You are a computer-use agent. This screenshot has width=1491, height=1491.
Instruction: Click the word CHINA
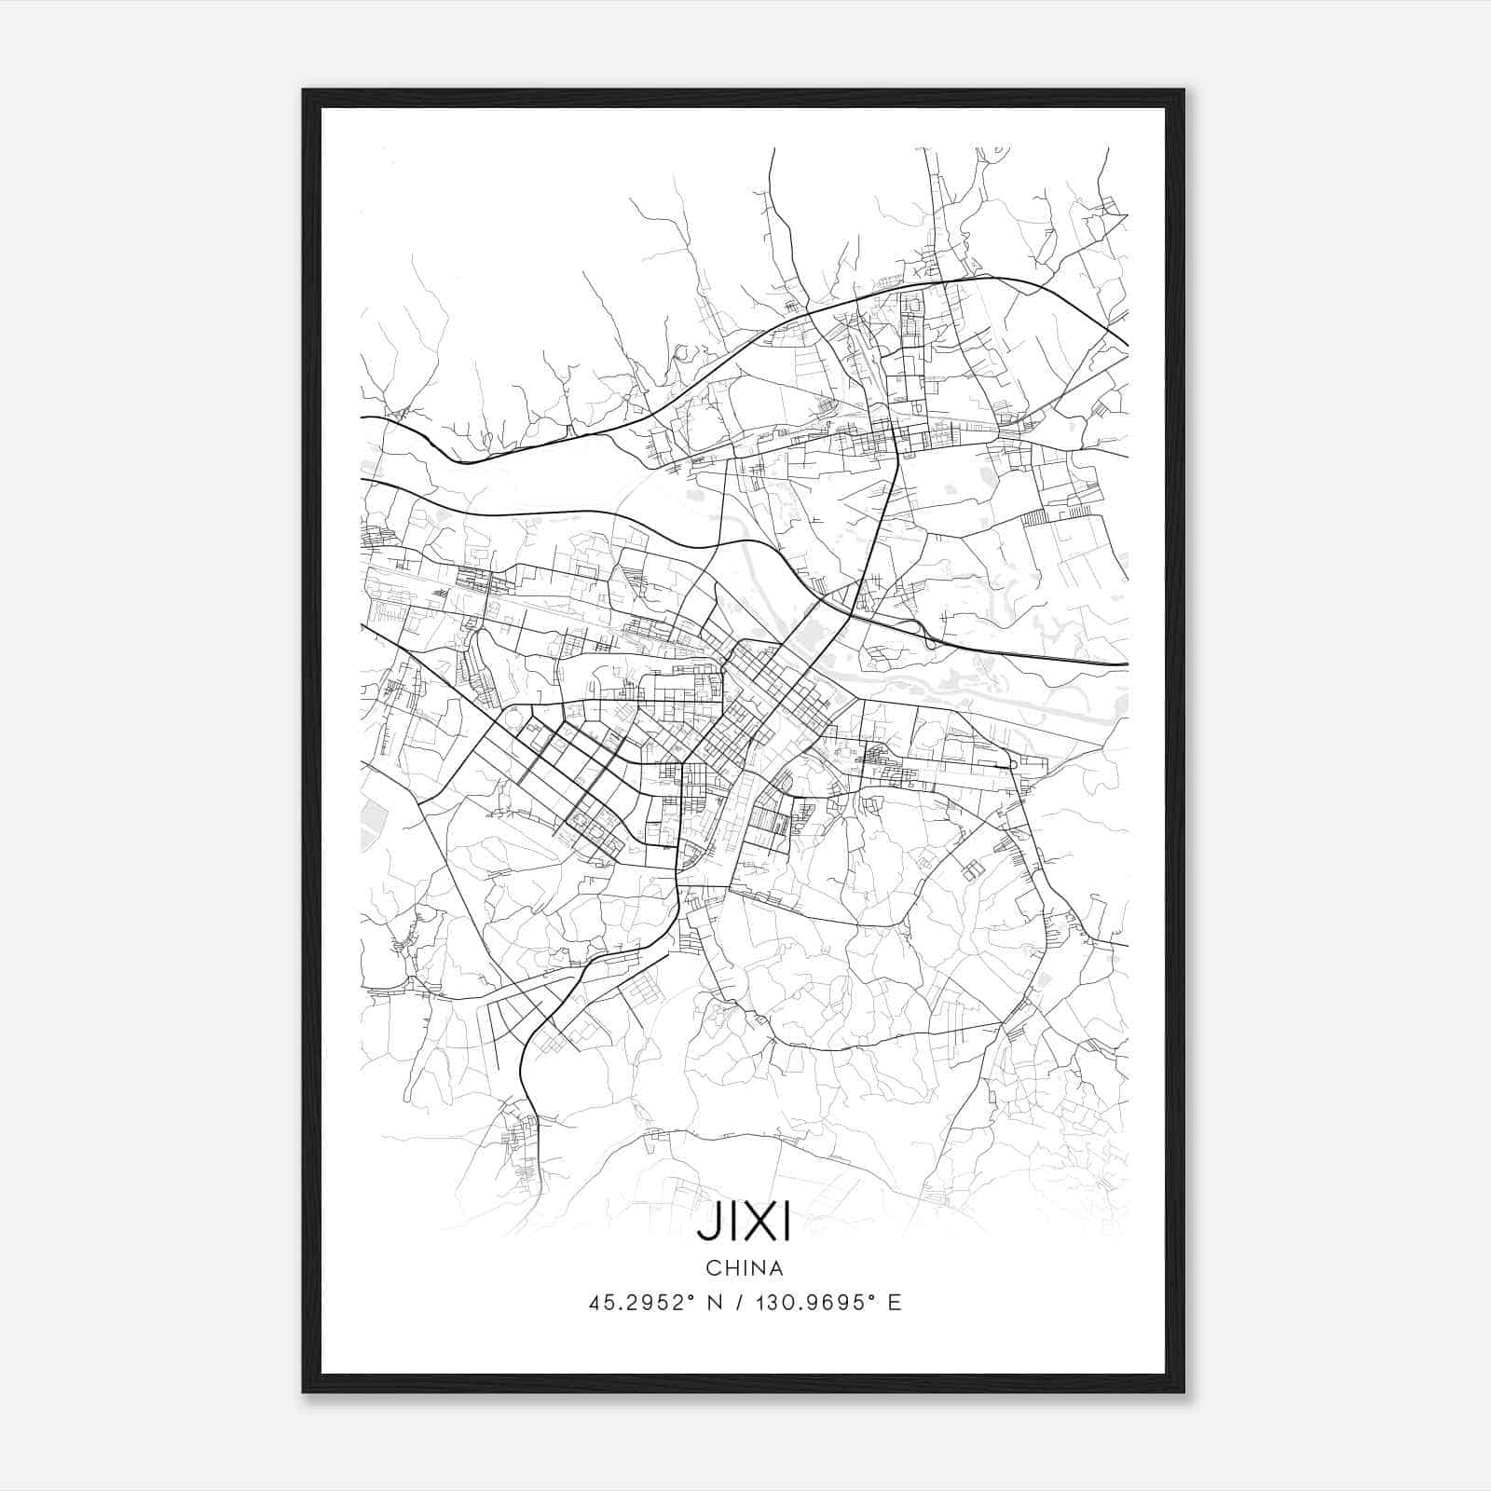(744, 1267)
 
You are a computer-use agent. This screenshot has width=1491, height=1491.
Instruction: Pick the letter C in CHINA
(712, 1267)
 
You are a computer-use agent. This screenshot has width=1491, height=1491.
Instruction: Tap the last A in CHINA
(775, 1267)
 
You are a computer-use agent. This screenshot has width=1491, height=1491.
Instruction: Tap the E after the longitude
(895, 1303)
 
